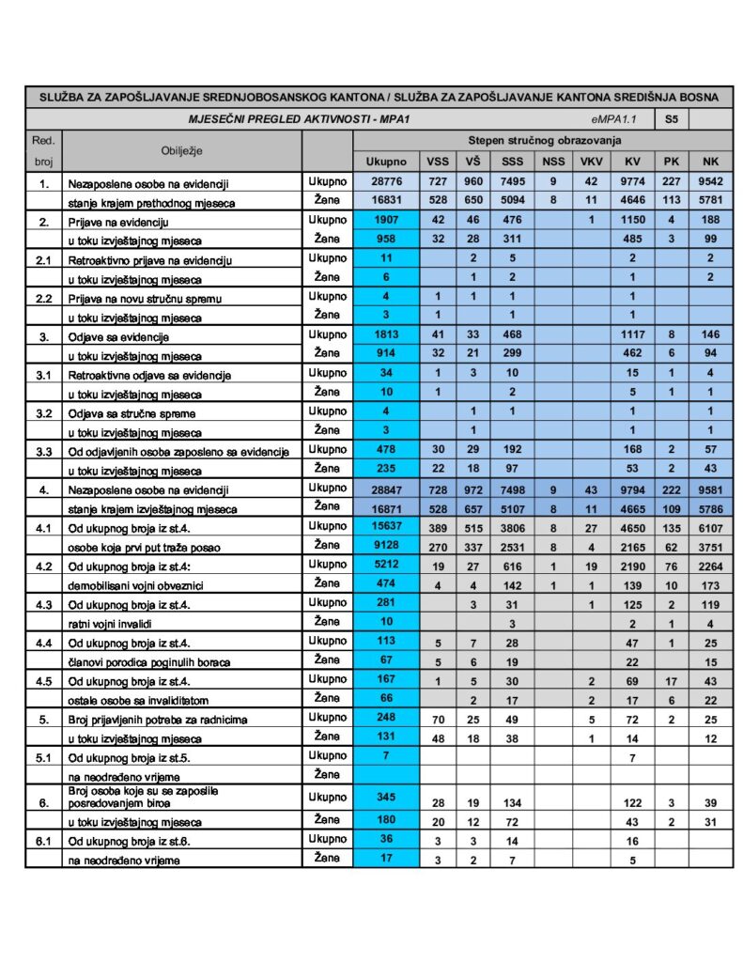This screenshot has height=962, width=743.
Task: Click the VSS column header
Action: [437, 162]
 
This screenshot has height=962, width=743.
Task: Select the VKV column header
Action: [590, 162]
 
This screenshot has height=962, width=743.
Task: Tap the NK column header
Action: [709, 162]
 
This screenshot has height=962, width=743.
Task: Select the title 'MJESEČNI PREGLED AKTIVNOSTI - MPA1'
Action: [271, 119]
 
